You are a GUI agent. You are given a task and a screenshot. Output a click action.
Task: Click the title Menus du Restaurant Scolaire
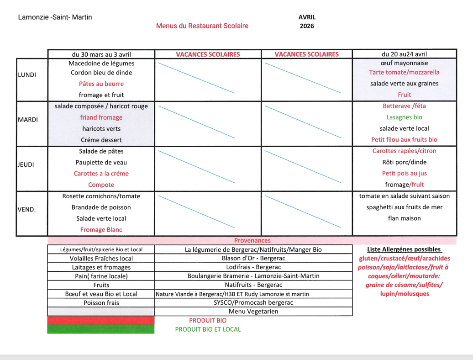202,26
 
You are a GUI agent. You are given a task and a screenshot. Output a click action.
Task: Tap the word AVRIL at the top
307,17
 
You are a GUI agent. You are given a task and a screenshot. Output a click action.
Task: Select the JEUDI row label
26,165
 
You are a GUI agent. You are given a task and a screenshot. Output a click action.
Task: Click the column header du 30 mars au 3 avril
101,54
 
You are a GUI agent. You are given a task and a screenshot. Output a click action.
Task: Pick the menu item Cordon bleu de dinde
101,73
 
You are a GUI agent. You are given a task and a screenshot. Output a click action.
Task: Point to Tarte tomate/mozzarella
404,72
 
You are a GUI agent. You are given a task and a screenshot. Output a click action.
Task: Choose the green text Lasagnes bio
404,117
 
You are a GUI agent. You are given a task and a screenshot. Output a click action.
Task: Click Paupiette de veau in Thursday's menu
101,162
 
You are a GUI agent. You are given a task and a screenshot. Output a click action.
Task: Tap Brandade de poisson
101,207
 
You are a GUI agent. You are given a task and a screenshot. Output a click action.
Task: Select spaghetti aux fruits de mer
404,207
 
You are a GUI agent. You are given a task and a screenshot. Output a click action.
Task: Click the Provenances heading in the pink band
252,240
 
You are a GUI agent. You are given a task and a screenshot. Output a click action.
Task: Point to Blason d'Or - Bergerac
253,259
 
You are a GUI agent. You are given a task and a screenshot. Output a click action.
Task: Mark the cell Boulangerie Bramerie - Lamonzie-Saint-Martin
253,276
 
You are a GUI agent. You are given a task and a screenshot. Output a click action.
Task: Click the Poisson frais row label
101,302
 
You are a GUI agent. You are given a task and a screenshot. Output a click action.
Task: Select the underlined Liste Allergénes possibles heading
404,249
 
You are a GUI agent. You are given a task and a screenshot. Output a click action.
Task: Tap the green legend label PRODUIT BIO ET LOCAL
208,329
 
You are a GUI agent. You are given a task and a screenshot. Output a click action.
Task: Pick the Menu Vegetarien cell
253,312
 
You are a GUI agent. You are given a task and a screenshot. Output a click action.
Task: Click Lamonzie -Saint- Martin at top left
55,17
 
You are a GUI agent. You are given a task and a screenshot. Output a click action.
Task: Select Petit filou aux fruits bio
404,140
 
